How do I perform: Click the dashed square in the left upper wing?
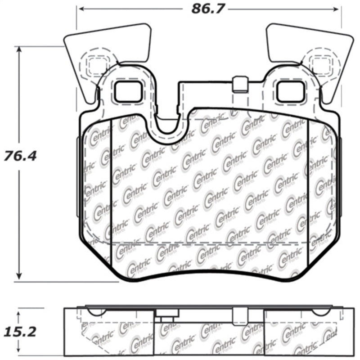[x=95, y=66]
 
